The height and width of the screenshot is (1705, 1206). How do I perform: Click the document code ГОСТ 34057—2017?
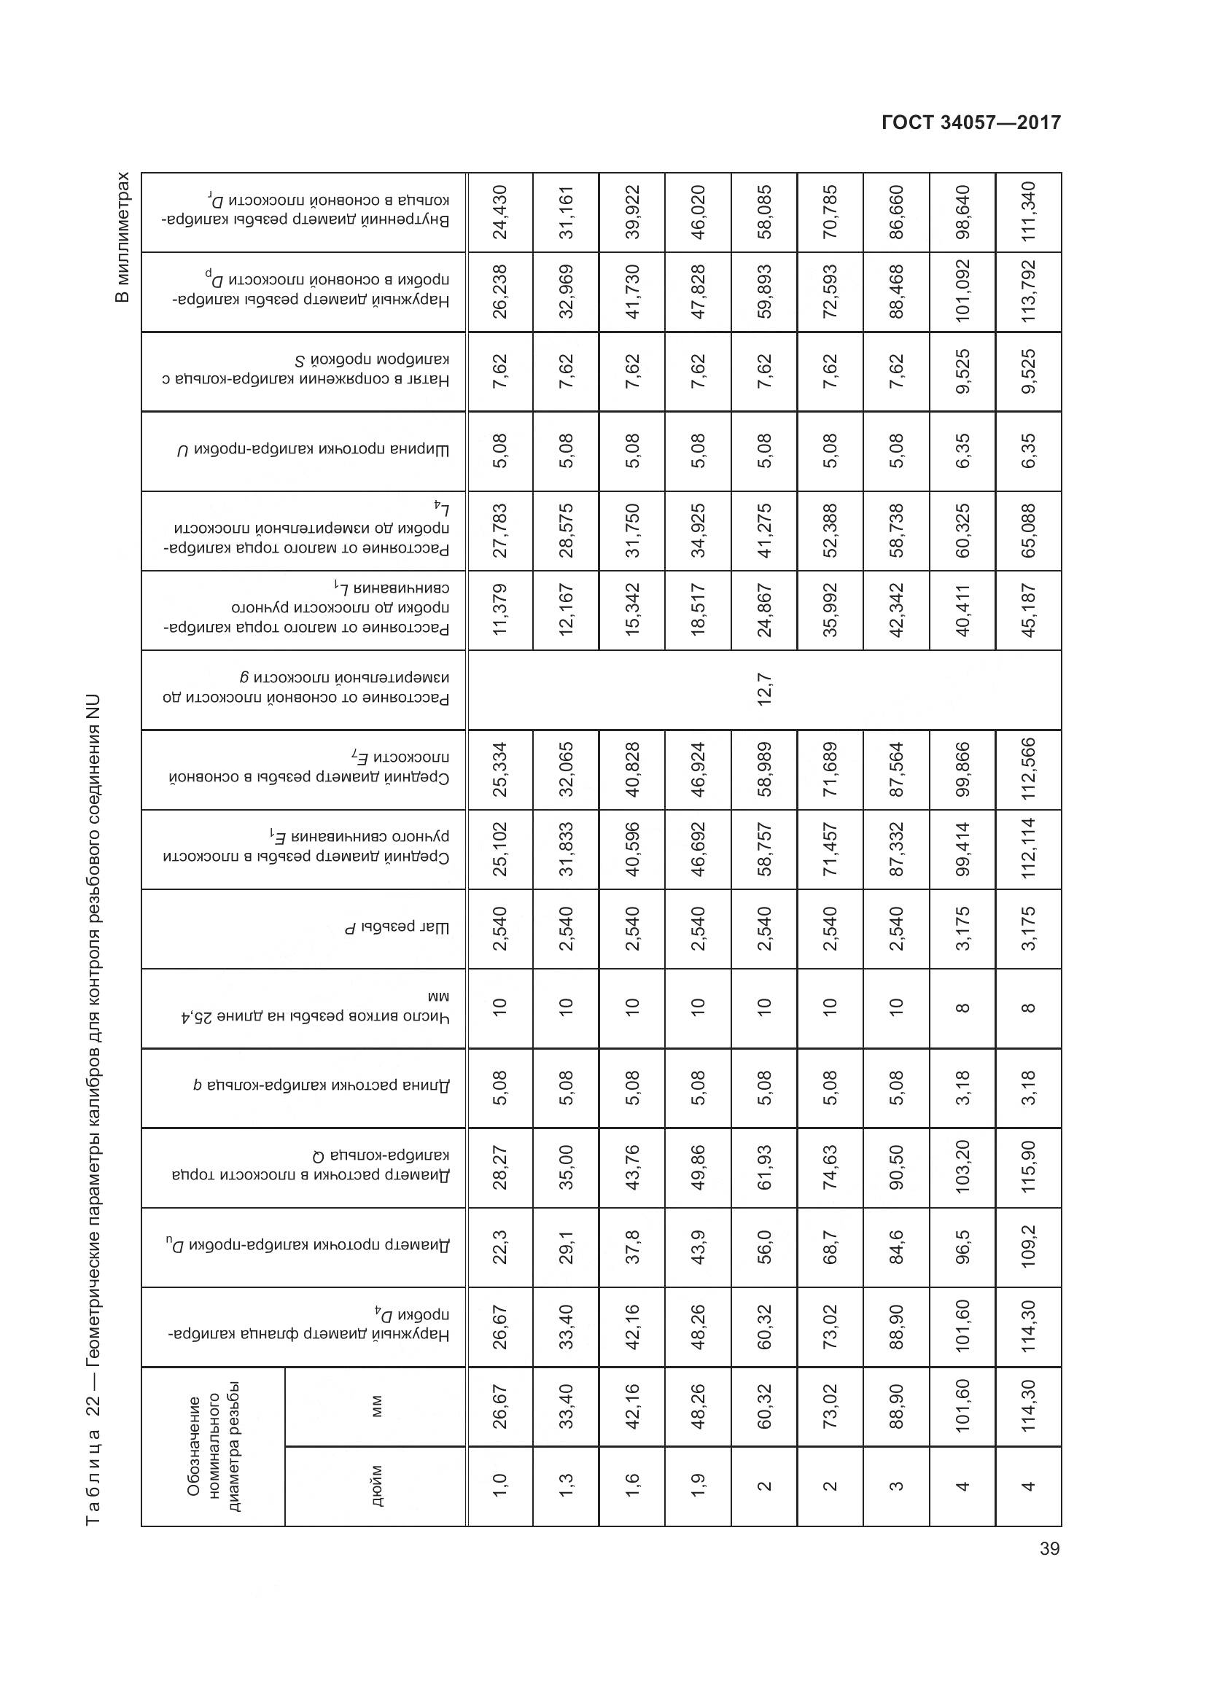coord(970,122)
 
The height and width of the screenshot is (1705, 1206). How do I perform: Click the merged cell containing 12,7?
coord(764,690)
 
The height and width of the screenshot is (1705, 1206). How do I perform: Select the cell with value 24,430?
coord(499,212)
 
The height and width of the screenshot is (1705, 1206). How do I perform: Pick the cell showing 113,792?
coord(1029,292)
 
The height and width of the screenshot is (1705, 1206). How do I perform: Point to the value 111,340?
coord(1029,212)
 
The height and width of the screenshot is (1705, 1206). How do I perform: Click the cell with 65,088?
coord(1029,530)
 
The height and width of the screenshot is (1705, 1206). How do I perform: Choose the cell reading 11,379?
coord(499,610)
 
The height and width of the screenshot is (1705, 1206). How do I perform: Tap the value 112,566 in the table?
coord(1029,769)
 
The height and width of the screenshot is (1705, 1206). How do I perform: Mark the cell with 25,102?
coord(499,848)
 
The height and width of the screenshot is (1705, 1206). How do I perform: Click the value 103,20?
coord(962,1167)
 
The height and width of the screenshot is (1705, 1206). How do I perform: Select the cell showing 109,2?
coord(1029,1246)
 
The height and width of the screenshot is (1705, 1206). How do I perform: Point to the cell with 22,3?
coord(499,1246)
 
